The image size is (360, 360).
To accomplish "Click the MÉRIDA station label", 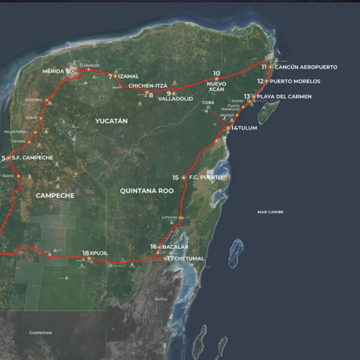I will pyautogui.click(x=53, y=71).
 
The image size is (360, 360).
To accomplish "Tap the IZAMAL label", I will pyautogui.click(x=128, y=77).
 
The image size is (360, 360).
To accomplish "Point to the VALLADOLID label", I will pyautogui.click(x=175, y=100).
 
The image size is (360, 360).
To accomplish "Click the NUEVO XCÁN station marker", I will pyautogui.click(x=217, y=79).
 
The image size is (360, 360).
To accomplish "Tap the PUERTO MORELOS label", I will pyautogui.click(x=295, y=81).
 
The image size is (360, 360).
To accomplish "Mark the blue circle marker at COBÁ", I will pyautogui.click(x=208, y=107).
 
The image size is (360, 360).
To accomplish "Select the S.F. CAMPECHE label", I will pyautogui.click(x=32, y=158).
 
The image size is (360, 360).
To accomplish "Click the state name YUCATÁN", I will pyautogui.click(x=112, y=121).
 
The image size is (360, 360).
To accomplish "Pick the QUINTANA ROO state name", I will pyautogui.click(x=146, y=191).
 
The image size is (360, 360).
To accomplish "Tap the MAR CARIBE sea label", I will pyautogui.click(x=270, y=212).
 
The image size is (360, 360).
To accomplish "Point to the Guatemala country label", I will pyautogui.click(x=40, y=332).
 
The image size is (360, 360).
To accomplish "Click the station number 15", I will pyautogui.click(x=175, y=178).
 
